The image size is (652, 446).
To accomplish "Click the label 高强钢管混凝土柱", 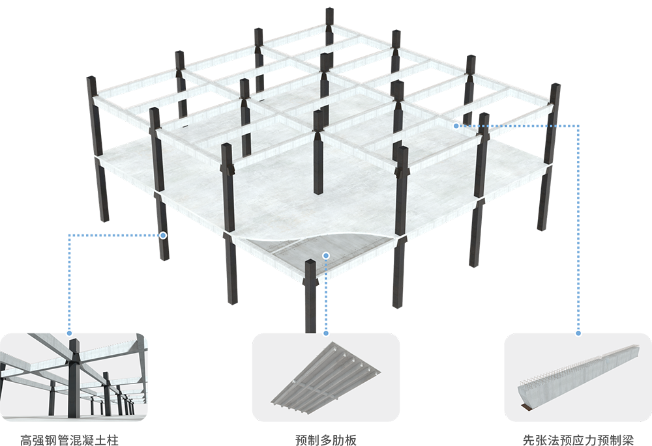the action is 70,439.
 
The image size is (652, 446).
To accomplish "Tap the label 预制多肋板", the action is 325,439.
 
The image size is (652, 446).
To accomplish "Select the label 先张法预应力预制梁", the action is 578,439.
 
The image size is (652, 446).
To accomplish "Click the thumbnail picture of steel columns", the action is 74,377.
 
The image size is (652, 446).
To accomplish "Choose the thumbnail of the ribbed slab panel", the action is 326,377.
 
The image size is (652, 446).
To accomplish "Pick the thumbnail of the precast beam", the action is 578,377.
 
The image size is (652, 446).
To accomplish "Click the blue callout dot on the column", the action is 164,236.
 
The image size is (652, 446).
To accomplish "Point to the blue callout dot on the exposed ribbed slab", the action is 326,255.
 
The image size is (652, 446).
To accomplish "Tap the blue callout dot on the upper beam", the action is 456,126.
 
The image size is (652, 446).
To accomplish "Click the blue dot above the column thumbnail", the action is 70,333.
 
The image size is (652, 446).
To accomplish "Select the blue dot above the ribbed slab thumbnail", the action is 326,333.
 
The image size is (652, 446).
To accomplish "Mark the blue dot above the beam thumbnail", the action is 578,333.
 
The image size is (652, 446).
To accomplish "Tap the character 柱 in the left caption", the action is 113,439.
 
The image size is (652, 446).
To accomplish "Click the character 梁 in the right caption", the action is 627,439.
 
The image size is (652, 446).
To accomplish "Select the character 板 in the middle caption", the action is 351,439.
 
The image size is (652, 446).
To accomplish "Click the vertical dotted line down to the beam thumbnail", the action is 578,229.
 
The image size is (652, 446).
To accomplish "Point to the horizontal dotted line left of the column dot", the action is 115,236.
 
